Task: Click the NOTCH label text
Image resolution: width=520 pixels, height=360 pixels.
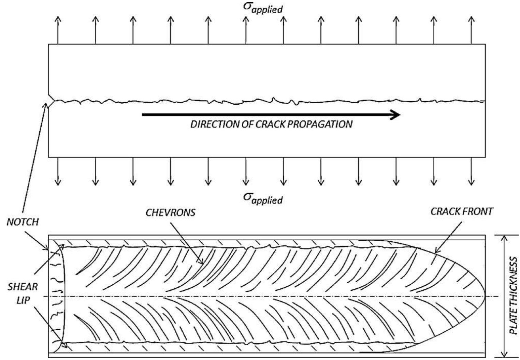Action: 23,222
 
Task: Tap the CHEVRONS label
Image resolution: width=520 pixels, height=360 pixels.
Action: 170,213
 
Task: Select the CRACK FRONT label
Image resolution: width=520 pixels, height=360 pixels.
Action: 462,211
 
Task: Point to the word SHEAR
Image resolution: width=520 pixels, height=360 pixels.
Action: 23,287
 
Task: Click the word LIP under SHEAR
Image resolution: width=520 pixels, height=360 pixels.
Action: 23,302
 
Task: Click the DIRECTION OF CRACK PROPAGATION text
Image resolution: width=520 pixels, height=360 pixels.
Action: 271,124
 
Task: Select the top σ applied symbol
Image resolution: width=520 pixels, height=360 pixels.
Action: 263,7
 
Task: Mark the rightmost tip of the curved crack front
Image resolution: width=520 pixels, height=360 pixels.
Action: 485,296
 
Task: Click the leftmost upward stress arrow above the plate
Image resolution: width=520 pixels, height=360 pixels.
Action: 58,30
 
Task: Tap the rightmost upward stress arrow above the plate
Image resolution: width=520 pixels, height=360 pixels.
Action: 471,30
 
